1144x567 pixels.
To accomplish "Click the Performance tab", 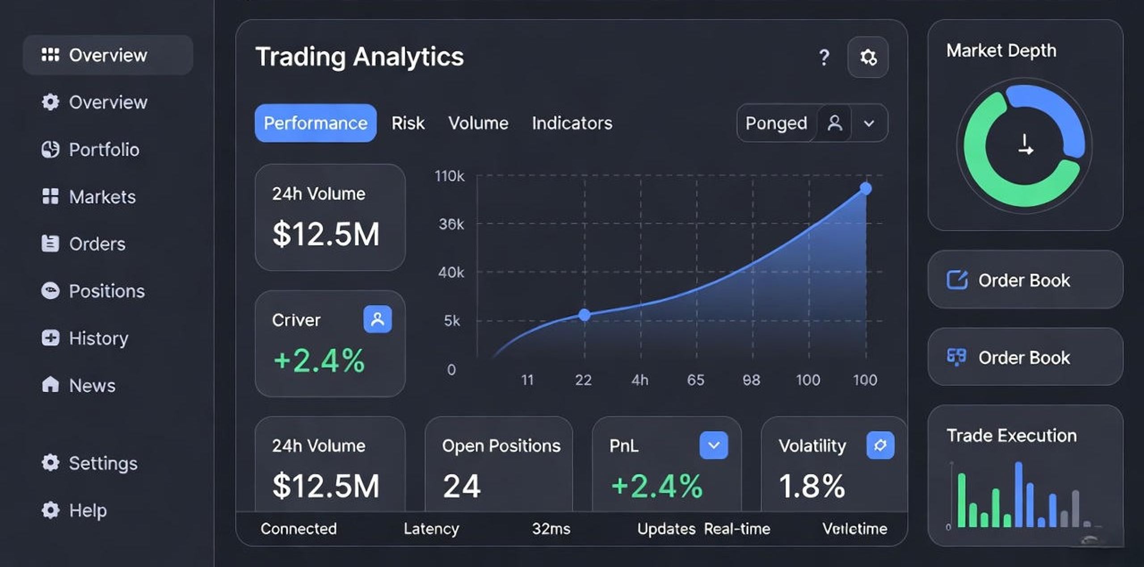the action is [315, 123].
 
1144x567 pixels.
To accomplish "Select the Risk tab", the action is [408, 123].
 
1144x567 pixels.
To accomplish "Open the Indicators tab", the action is [572, 123].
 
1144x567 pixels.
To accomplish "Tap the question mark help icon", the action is [824, 57].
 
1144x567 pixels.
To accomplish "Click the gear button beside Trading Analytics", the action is [868, 57].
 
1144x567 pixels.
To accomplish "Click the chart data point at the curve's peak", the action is [866, 188].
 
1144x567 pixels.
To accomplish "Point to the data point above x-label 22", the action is [584, 315].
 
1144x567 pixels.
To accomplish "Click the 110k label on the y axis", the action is [450, 176].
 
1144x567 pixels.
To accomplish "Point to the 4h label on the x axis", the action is [640, 380].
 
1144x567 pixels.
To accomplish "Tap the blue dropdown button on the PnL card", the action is [714, 445].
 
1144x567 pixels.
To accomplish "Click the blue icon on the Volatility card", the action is [880, 445].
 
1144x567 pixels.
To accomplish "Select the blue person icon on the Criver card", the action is [378, 319].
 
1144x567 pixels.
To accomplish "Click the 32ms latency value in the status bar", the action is [551, 529].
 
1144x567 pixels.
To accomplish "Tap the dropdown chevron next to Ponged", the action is [869, 123].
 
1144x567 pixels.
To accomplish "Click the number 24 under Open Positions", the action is [462, 486].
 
